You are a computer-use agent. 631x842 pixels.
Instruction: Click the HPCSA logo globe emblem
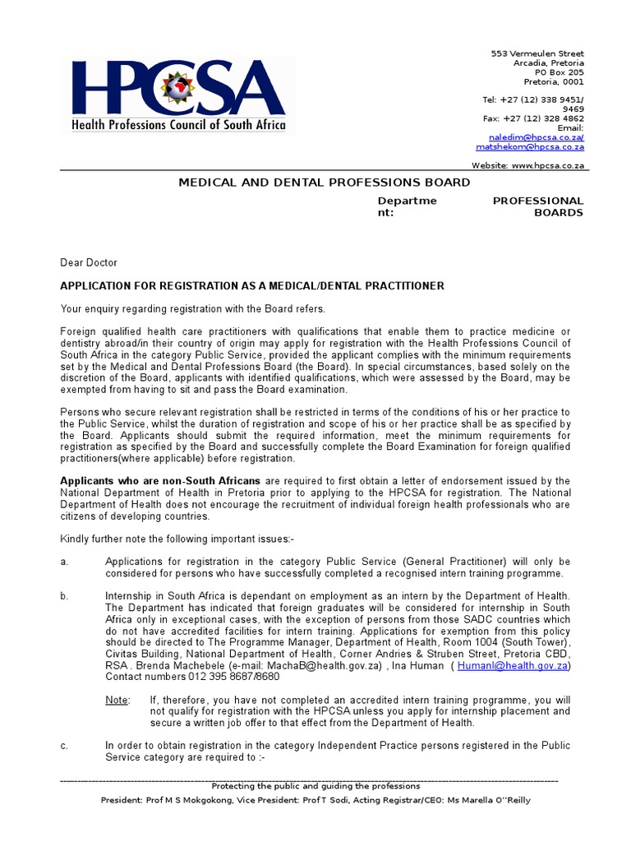pyautogui.click(x=176, y=89)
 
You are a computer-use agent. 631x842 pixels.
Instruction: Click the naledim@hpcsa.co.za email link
pyautogui.click(x=537, y=137)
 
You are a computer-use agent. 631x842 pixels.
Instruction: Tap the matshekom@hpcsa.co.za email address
pyautogui.click(x=530, y=147)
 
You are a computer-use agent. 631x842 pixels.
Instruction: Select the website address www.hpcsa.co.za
pyautogui.click(x=547, y=165)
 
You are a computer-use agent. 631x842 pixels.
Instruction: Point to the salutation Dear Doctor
pyautogui.click(x=89, y=263)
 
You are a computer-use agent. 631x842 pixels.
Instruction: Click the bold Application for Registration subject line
pyautogui.click(x=252, y=286)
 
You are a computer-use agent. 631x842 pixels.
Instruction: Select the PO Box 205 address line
pyautogui.click(x=558, y=72)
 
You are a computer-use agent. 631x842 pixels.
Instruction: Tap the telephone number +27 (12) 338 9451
pyautogui.click(x=542, y=99)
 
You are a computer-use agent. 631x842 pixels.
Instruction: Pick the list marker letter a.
pyautogui.click(x=64, y=562)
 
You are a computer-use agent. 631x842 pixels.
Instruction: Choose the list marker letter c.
pyautogui.click(x=64, y=746)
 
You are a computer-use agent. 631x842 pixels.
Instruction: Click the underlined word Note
pyautogui.click(x=117, y=700)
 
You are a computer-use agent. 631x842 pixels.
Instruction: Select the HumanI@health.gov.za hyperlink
pyautogui.click(x=513, y=665)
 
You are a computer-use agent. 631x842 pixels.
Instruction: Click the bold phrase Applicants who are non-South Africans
pyautogui.click(x=160, y=481)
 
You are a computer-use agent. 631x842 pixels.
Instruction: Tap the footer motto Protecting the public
pyautogui.click(x=315, y=786)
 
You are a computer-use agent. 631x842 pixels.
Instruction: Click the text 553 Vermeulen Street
pyautogui.click(x=537, y=53)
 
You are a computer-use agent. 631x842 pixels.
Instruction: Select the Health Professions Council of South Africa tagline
pyautogui.click(x=179, y=125)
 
